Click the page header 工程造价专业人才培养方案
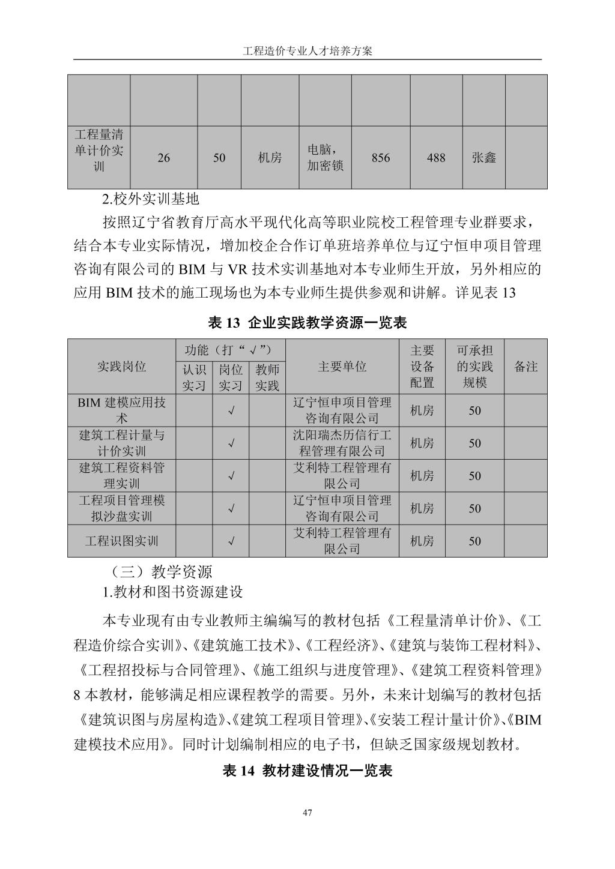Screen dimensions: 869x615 pyautogui.click(x=307, y=51)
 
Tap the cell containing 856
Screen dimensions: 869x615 pyautogui.click(x=381, y=158)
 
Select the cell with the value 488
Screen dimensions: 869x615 pyautogui.click(x=436, y=158)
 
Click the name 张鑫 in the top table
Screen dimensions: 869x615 pyautogui.click(x=484, y=158)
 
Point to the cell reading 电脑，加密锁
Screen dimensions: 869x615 pyautogui.click(x=325, y=158)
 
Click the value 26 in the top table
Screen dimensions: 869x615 pyautogui.click(x=163, y=158)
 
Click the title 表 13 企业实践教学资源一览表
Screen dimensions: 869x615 pyautogui.click(x=307, y=323)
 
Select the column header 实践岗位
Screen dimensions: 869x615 pyautogui.click(x=122, y=367)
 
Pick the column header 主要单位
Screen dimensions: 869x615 pyautogui.click(x=342, y=367)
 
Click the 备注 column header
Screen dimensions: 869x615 pyautogui.click(x=526, y=367)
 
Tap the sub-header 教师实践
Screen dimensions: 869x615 pyautogui.click(x=267, y=377)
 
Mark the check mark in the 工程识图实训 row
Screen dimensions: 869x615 pyautogui.click(x=231, y=541)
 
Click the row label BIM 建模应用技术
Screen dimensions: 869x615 pyautogui.click(x=122, y=410)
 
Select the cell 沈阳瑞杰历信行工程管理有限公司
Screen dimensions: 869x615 pyautogui.click(x=342, y=443)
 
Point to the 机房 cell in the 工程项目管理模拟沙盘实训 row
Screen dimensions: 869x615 pyautogui.click(x=422, y=508)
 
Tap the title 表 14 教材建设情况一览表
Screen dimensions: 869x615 pyautogui.click(x=307, y=771)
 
